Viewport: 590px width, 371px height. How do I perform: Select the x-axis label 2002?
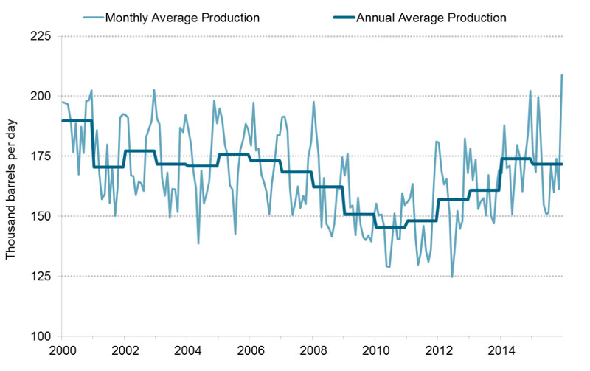pos(124,351)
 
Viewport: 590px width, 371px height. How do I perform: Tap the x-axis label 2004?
pos(187,351)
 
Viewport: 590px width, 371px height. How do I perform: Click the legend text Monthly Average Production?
pos(182,15)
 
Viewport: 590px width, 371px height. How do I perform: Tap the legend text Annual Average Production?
pos(431,15)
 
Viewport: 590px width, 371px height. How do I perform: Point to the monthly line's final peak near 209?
pos(562,75)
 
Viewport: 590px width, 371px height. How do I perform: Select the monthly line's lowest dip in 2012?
pos(451,277)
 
